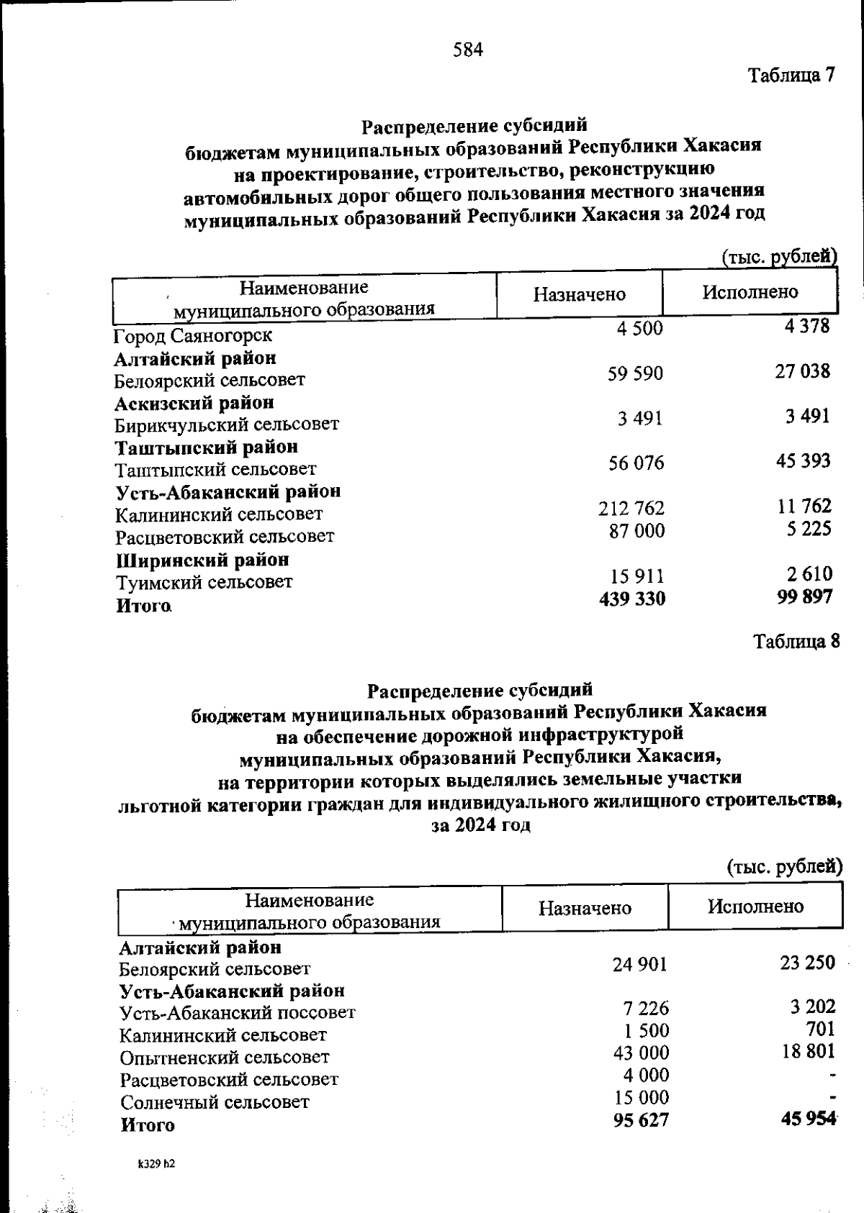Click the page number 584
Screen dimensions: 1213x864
[468, 50]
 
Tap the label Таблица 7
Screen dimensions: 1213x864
[791, 75]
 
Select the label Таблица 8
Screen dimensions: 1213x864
[796, 641]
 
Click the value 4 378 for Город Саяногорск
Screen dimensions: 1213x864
[808, 327]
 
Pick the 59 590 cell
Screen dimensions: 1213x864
[635, 374]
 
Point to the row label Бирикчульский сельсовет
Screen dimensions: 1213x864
[227, 424]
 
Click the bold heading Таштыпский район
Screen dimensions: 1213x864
[207, 447]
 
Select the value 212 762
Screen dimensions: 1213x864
[631, 509]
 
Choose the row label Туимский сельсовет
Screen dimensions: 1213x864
[204, 582]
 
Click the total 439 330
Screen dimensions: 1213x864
[632, 599]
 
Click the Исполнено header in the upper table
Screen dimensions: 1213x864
[750, 292]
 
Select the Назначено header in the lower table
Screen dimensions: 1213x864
[585, 908]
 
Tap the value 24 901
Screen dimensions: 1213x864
[639, 964]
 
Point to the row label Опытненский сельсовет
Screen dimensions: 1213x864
[225, 1058]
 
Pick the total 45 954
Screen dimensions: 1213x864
[808, 1119]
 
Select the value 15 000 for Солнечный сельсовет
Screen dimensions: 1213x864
[641, 1098]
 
